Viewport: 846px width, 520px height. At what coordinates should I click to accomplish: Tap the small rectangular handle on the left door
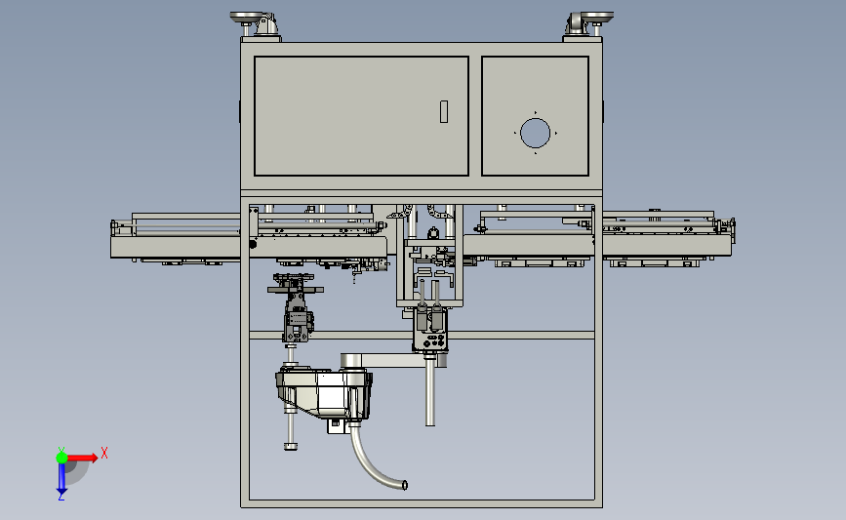coord(444,111)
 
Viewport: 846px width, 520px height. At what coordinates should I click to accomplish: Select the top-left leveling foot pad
coord(247,17)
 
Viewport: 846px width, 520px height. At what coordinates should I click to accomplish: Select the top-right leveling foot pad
coord(596,17)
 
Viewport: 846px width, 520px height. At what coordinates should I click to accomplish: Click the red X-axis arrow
coord(82,458)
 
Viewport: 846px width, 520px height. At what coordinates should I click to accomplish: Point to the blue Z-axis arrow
coord(61,478)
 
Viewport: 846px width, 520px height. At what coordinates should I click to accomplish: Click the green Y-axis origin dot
coord(61,458)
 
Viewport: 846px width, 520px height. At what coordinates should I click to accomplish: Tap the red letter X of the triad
coord(104,453)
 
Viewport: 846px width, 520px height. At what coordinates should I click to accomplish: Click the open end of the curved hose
coord(405,485)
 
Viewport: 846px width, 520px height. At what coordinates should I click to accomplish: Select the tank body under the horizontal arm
coord(324,394)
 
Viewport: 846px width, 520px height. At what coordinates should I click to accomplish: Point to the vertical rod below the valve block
coord(430,391)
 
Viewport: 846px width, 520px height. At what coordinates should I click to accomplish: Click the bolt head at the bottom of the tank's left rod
coord(291,446)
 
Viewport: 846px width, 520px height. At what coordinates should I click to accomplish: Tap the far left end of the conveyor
coord(114,228)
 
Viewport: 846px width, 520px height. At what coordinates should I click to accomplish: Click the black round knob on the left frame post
coord(253,244)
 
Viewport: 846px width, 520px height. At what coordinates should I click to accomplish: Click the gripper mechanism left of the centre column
coord(297,307)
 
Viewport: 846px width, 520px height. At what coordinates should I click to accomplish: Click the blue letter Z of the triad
coord(60,497)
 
